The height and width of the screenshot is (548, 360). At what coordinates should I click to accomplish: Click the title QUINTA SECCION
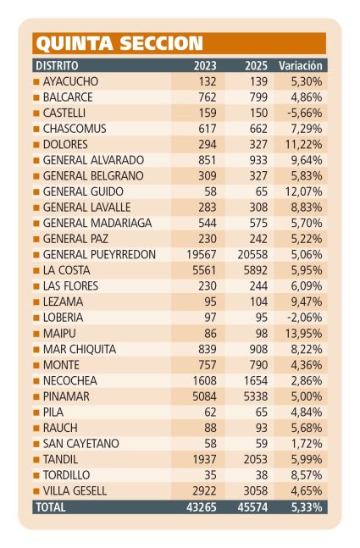pos(119,43)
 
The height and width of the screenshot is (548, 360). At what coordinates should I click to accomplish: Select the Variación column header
pos(301,66)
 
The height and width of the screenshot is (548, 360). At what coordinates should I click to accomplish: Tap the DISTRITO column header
pos(57,66)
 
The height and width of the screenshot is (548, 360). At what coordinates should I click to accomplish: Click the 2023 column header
pos(205,66)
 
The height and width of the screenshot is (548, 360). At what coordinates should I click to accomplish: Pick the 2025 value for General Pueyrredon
pos(252,254)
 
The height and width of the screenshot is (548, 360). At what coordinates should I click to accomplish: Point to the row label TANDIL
pos(60,459)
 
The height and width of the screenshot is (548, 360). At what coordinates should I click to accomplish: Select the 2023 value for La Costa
pos(204,270)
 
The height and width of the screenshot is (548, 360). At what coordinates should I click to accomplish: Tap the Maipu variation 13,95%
pos(304,334)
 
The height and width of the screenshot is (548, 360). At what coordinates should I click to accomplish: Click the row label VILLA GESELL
pos(75,490)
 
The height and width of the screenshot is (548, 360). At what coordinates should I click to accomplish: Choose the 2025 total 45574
pos(252,507)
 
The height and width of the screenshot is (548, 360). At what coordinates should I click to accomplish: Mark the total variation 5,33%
pos(307,507)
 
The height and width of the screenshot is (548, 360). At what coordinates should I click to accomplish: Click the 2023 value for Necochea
pos(204,380)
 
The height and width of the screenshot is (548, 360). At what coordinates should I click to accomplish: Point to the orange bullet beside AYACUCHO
pos(36,82)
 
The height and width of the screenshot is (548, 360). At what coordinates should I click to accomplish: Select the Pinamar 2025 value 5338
pos(256,396)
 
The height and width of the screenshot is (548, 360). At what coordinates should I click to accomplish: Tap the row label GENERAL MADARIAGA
pos(97,223)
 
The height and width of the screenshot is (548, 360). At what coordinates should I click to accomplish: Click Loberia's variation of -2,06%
pos(304,318)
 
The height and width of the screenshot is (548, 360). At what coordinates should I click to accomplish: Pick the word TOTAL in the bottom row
pos(51,507)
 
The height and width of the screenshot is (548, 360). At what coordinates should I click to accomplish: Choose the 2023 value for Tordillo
pos(210,475)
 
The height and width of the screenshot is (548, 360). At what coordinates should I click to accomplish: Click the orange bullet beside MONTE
pos(36,365)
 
